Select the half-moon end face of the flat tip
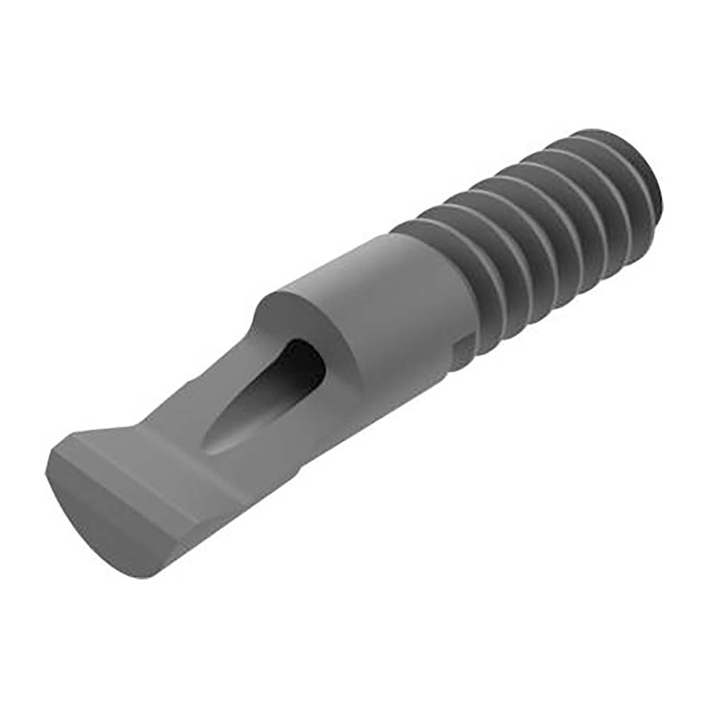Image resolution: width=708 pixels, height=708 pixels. click(106, 517)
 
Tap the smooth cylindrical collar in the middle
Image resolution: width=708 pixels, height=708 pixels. click(396, 297)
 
